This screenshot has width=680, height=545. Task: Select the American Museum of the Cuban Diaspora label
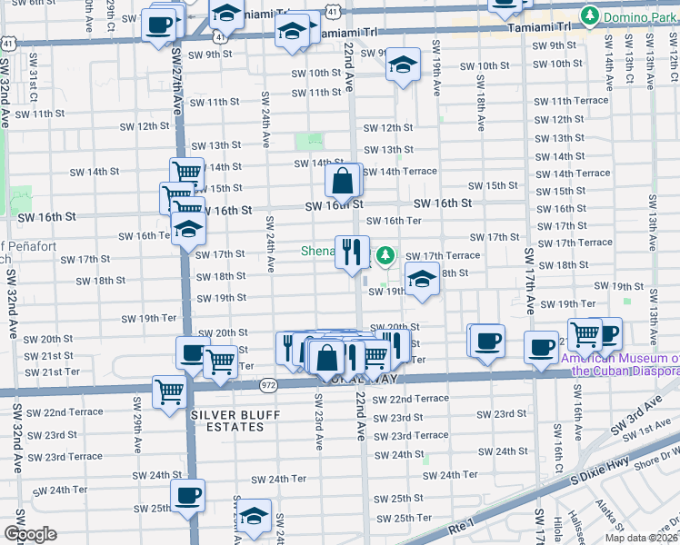pos(619,365)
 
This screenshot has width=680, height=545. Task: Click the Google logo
pos(30,534)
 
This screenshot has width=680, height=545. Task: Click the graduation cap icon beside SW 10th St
pos(402,64)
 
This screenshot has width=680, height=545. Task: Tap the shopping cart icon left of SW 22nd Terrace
pos(169,392)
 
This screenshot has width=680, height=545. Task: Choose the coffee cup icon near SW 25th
pos(188,496)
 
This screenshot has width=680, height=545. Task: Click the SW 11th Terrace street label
pos(571,101)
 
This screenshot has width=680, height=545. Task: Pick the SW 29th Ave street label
pos(138,437)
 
